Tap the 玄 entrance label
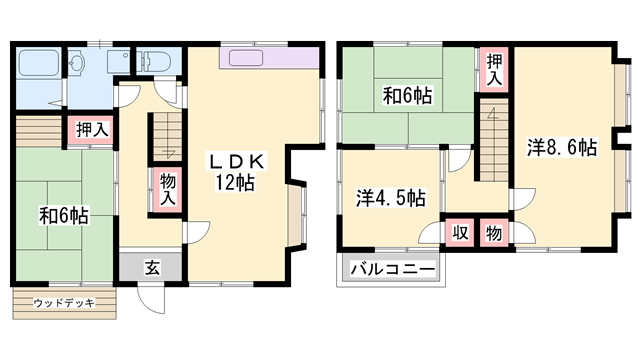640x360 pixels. [x=150, y=268]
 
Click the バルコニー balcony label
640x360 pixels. [x=392, y=271]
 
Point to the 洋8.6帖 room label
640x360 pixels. [x=562, y=148]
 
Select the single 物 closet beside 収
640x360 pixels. [x=494, y=233]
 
